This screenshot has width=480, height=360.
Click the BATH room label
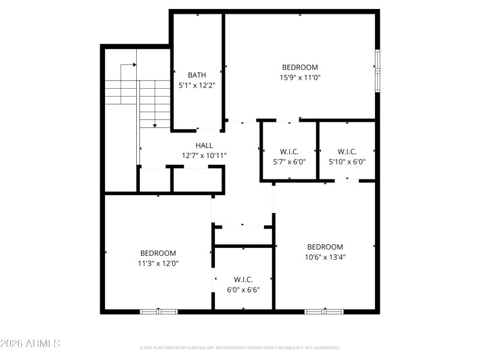click(197, 75)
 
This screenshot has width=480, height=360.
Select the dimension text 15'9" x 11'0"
click(300, 77)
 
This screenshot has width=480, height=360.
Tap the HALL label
click(204, 145)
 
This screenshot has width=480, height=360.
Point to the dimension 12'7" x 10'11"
click(204, 155)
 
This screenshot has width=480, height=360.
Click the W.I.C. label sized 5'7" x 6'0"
click(289, 151)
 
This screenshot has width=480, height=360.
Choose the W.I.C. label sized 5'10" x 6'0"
click(347, 151)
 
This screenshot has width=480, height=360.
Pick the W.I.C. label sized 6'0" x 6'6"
click(243, 280)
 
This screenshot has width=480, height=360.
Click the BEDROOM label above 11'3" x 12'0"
click(158, 253)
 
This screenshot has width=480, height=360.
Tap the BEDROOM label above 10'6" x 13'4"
click(325, 247)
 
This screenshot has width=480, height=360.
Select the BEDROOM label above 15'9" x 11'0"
click(300, 67)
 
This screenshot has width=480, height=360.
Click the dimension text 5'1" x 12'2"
click(197, 85)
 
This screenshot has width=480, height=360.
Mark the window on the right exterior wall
click(377, 71)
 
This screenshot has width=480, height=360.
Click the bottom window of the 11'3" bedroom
click(159, 311)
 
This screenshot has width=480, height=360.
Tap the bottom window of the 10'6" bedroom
click(323, 311)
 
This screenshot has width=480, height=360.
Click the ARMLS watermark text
click(30, 344)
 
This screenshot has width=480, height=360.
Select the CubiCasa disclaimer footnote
click(240, 347)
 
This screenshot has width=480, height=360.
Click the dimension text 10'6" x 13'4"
click(325, 257)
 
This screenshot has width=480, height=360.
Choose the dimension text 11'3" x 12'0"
click(158, 263)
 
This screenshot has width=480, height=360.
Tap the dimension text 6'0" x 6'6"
click(243, 289)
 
